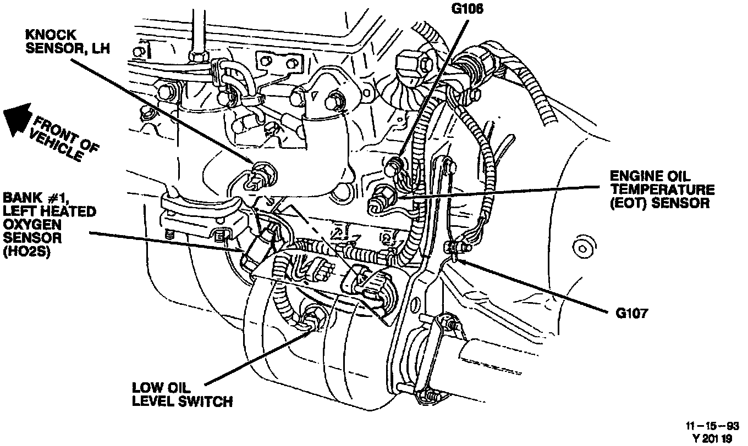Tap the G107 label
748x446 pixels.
click(632, 315)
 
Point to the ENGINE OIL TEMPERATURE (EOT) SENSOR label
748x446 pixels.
click(662, 189)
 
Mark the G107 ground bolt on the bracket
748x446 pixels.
click(453, 248)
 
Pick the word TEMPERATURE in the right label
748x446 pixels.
click(662, 189)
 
